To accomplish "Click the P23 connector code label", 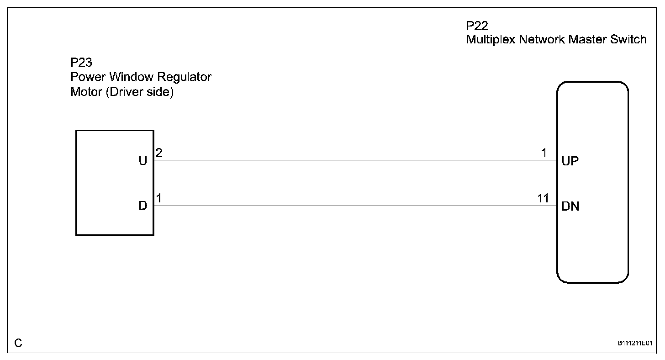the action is click(81, 63).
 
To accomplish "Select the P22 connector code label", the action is click(477, 26).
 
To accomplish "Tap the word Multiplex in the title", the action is click(491, 40).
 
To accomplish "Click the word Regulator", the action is click(184, 77).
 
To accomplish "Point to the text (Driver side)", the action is click(140, 92).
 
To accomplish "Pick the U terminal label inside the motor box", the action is click(143, 161).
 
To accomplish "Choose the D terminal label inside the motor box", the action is click(143, 206).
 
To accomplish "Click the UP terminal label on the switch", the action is click(570, 161).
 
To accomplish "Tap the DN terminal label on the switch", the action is click(570, 206).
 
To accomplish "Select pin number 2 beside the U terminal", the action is click(159, 153).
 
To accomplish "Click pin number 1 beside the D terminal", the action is click(159, 198).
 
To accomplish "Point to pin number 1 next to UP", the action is click(544, 153).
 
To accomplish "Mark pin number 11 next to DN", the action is click(543, 198).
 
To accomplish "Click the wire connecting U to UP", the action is click(355, 160).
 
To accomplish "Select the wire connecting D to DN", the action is click(355, 206).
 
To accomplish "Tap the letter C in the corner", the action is click(18, 343).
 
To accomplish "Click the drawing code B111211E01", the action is click(635, 344).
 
